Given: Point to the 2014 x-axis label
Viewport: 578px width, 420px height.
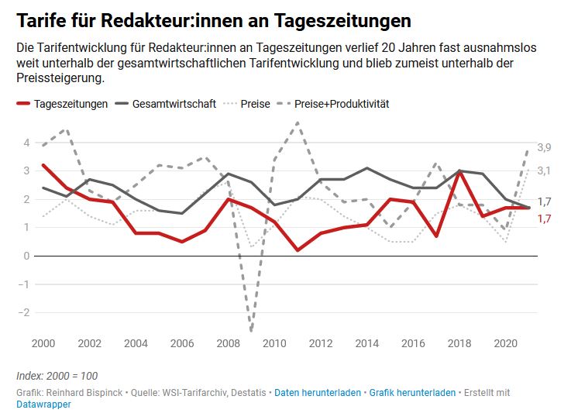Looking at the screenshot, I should (368, 343).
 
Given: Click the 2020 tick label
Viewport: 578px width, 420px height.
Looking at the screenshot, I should (505, 343).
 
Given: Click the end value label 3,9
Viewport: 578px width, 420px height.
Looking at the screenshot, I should (544, 148).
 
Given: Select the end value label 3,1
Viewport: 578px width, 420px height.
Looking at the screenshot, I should (544, 170).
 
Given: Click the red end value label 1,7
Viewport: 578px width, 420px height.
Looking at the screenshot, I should (544, 219).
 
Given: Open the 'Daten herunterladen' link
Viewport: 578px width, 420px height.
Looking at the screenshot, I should (318, 393).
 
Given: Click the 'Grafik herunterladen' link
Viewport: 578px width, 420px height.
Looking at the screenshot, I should (412, 393).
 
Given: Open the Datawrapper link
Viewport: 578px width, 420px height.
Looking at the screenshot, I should (43, 405).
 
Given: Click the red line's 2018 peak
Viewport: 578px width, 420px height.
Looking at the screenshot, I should (459, 171).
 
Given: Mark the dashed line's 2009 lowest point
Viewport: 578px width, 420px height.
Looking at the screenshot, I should (251, 331).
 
